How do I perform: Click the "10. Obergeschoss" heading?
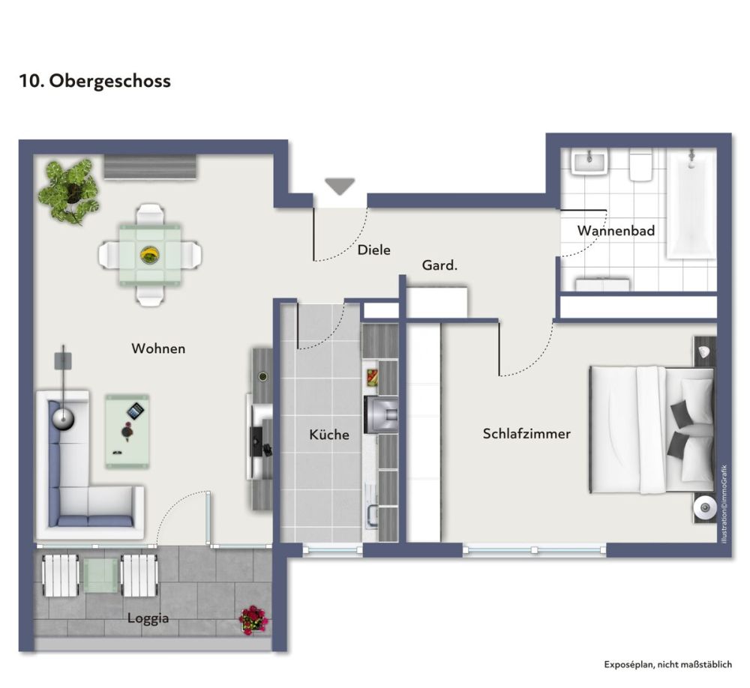coord(94,81)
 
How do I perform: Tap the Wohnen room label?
coord(158,348)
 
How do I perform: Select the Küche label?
coord(329,435)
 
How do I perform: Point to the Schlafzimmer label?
coord(526,434)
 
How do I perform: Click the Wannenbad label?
coord(616,230)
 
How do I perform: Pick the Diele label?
coord(374,250)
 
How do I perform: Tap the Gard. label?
coord(439,265)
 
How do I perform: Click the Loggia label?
coord(148,618)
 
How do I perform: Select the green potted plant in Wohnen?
coord(69,191)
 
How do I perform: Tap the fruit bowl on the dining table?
coord(150,255)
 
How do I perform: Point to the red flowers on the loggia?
coord(253,620)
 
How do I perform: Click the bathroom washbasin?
coord(589,161)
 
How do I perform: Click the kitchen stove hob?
coord(381,414)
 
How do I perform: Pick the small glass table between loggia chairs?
coord(100,575)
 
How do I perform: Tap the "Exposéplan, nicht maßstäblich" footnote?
coord(667,664)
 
